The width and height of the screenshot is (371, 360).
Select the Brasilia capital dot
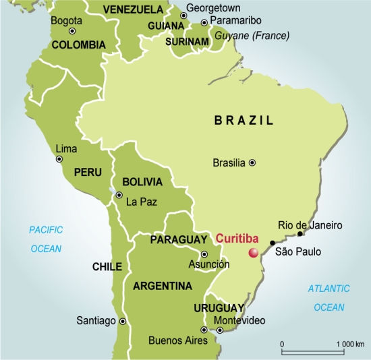coord(252,162)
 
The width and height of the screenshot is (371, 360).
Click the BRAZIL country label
coord(244,121)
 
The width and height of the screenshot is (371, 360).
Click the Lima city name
coord(66,148)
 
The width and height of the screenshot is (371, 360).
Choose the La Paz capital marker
coord(119,196)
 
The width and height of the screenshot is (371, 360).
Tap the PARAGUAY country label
coord(178,240)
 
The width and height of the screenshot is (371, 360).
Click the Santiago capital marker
coord(122,322)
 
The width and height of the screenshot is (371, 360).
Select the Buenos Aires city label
coord(177,340)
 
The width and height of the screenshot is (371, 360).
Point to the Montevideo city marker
coord(220,330)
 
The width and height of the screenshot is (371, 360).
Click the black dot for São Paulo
coord(273,243)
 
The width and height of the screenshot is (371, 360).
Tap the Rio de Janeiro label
coord(311,225)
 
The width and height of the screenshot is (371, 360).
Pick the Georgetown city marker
coord(183,16)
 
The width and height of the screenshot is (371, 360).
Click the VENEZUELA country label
coord(133,9)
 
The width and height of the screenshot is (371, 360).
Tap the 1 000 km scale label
coord(349,344)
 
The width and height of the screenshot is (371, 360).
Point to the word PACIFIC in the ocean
coord(46,230)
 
